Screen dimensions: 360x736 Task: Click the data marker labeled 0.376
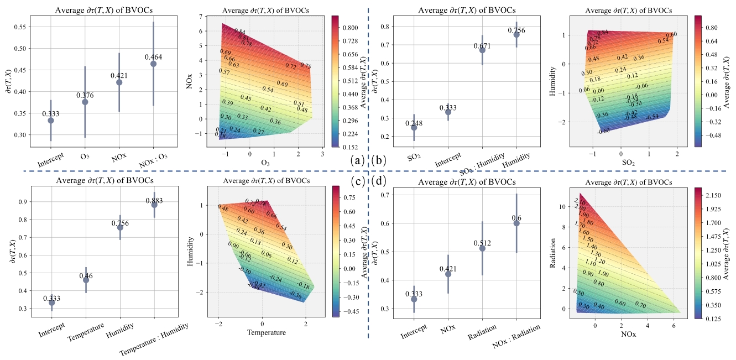pos(85,102)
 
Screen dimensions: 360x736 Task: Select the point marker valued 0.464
pos(153,64)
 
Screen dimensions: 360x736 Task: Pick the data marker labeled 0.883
pos(154,205)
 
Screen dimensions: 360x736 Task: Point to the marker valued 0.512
pos(482,248)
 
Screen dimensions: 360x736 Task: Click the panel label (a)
pos(357,161)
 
